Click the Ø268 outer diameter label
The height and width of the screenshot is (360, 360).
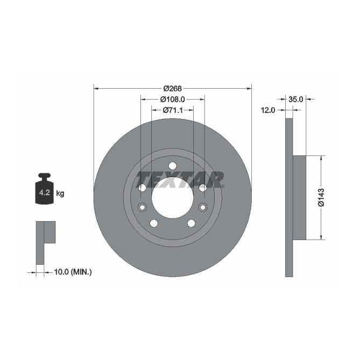click(x=172, y=88)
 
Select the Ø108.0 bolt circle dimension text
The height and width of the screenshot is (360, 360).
click(x=172, y=99)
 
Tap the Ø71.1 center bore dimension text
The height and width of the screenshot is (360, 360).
click(x=172, y=110)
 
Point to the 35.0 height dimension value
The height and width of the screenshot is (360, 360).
click(x=296, y=99)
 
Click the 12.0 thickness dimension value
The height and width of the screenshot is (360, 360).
click(x=268, y=110)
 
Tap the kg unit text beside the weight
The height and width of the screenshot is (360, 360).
click(x=60, y=193)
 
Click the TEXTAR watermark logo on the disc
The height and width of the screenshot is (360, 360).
click(x=180, y=178)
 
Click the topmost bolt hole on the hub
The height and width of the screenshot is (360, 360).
click(x=172, y=165)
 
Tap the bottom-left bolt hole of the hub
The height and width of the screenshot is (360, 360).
click(x=153, y=223)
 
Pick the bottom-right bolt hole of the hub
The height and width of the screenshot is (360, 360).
click(x=191, y=223)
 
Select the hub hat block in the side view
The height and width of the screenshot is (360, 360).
click(x=299, y=197)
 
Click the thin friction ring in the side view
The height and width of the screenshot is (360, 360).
click(x=289, y=197)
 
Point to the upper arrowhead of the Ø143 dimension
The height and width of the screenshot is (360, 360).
click(x=322, y=159)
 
